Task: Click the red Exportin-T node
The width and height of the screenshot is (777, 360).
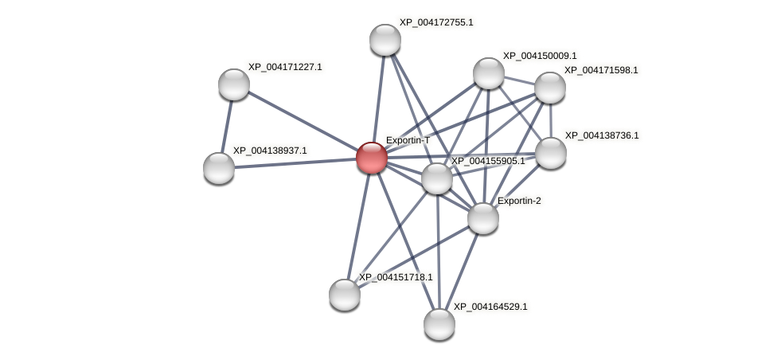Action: point(371,157)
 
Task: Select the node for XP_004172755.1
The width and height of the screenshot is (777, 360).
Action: point(385,40)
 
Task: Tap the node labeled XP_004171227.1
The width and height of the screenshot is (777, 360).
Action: point(234,84)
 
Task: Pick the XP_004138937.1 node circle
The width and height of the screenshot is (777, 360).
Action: point(219,168)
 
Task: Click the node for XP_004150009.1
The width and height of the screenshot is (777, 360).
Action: point(489,73)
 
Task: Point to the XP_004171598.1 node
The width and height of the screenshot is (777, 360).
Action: point(550,88)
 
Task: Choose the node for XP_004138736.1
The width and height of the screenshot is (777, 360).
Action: point(551,153)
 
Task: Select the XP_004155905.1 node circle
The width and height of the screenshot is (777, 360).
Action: point(437,178)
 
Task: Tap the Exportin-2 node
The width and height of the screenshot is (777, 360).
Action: point(483,218)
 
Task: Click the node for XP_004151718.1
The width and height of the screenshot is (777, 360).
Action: point(345,295)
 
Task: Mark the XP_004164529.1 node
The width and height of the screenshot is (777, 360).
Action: point(439,324)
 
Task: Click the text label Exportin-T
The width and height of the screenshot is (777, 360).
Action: point(408,140)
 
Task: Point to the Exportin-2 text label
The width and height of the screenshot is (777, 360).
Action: point(519,201)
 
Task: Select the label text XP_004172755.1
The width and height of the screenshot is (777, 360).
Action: point(436,22)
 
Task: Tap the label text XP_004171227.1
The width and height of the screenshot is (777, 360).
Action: point(285,67)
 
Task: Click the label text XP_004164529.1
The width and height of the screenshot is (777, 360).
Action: point(490,307)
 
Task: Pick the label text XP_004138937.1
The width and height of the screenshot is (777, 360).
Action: point(270,151)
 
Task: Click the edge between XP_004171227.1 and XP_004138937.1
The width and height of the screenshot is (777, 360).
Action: point(227,126)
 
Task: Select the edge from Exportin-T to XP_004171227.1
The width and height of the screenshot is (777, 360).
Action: point(303,120)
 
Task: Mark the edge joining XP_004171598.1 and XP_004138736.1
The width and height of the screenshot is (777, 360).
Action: point(550,120)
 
